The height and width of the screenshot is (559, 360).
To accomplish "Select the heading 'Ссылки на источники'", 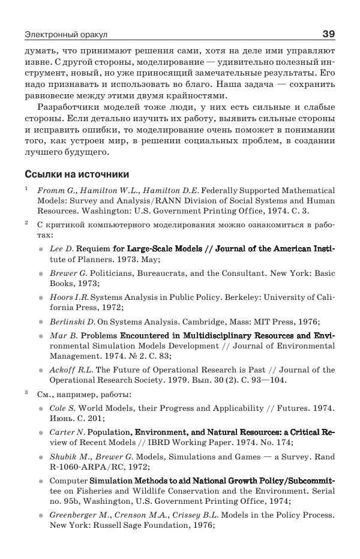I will (x=77, y=175).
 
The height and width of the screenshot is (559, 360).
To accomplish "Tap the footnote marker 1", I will (x=27, y=188).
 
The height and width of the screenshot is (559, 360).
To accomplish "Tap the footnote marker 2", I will (x=27, y=223).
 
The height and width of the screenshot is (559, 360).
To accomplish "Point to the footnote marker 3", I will (x=27, y=393).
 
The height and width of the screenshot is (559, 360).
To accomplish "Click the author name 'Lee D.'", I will (x=61, y=248).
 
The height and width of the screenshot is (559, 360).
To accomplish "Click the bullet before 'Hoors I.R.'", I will (x=40, y=297).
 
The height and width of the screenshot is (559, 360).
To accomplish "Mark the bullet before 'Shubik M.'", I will (x=40, y=457).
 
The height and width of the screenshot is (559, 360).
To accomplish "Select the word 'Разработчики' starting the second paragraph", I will (x=67, y=107).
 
